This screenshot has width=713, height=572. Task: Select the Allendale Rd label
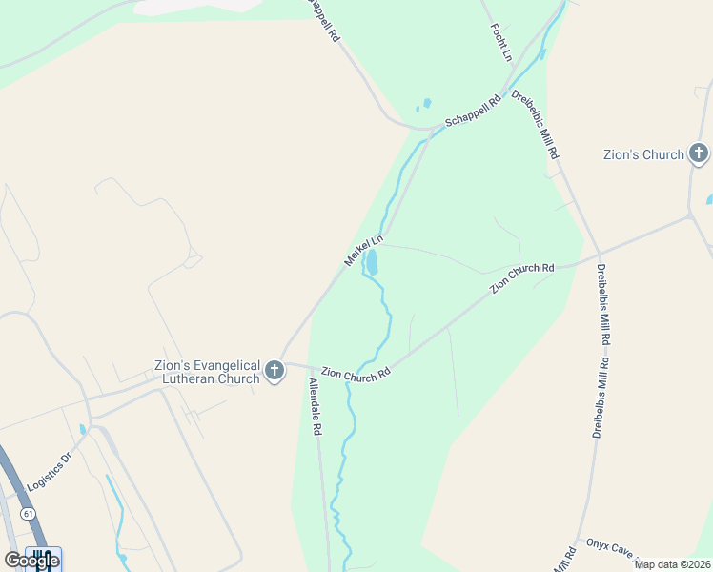[315, 407]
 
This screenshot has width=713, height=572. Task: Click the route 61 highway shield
[29, 513]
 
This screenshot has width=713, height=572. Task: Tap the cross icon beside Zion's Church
[699, 153]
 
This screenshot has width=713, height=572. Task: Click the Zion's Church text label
[644, 154]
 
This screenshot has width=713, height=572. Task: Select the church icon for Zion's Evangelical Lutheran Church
[275, 371]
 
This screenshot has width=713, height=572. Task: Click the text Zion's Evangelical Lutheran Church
[207, 372]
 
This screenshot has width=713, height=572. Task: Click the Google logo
[31, 560]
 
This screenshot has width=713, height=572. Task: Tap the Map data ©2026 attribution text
[672, 564]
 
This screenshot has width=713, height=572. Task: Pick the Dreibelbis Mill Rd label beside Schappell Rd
[535, 124]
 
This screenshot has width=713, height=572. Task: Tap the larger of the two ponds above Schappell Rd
[426, 102]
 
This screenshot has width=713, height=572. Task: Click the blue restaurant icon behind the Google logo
[42, 559]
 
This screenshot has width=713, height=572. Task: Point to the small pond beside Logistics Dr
[82, 430]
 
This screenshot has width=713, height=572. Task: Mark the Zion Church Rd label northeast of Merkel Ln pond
[521, 278]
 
